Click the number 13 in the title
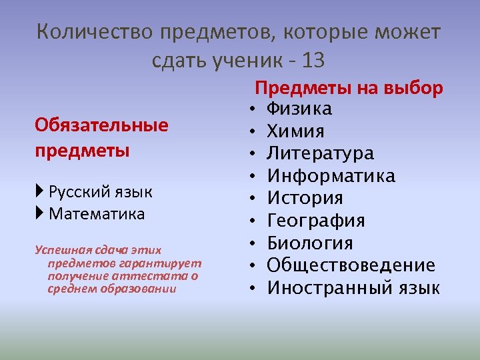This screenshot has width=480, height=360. (313, 61)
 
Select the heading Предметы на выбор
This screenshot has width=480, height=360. (349, 88)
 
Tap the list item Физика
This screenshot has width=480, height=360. (299, 109)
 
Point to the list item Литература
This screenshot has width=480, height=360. (321, 153)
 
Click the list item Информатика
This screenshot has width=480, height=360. (331, 176)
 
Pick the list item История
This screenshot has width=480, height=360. (305, 198)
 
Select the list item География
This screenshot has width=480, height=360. (316, 221)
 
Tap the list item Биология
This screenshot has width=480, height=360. (310, 243)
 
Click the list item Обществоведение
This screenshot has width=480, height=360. (351, 265)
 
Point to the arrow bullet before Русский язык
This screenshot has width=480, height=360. (40, 193)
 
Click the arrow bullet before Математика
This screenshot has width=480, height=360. (40, 214)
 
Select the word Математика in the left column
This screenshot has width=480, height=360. (97, 214)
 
